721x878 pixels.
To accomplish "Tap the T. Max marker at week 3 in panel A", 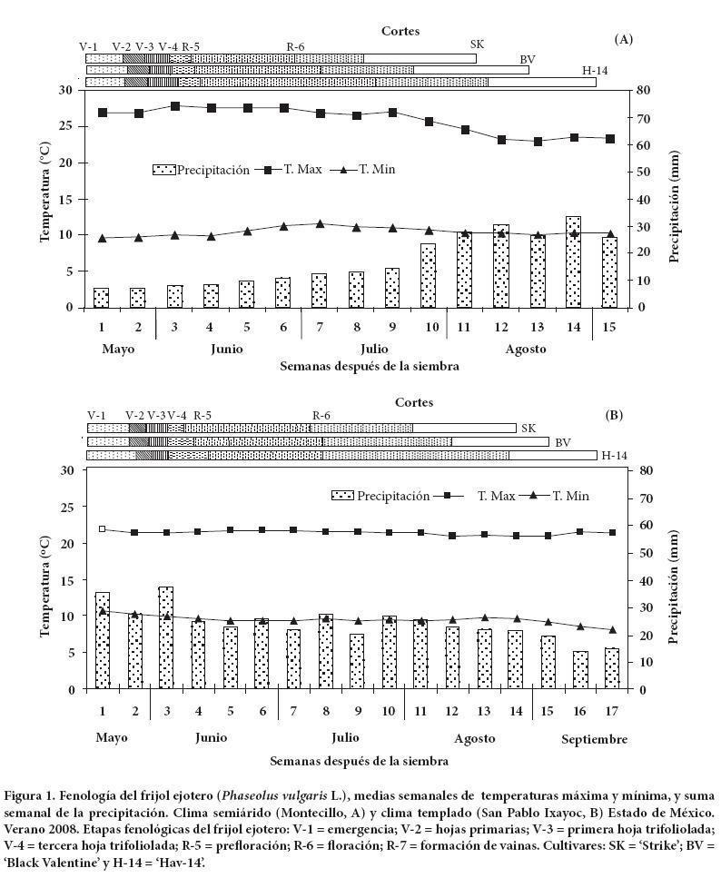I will (175, 106).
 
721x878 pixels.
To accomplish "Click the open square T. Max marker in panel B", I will (103, 528).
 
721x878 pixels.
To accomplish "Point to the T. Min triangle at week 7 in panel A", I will (320, 223).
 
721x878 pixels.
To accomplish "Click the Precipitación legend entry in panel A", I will (201, 170).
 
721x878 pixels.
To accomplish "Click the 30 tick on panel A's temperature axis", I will (65, 91).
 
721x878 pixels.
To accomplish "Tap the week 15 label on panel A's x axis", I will (610, 326).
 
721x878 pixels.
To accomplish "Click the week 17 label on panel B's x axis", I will (611, 708).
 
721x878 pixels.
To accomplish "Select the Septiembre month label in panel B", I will (594, 740).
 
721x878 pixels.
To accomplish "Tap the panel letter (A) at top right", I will (623, 39).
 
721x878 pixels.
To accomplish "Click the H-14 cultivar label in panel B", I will (612, 455).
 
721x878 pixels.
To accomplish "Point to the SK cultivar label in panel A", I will (478, 45).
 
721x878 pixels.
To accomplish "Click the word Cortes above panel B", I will (414, 402).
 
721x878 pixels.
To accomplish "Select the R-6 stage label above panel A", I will (296, 46).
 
